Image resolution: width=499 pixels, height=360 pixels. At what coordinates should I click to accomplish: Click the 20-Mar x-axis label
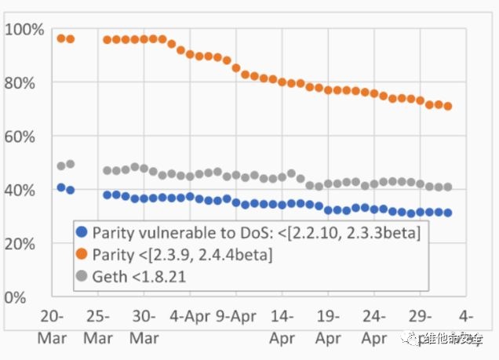pyautogui.click(x=52, y=326)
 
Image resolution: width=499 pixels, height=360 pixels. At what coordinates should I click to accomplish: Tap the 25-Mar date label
pyautogui.click(x=97, y=326)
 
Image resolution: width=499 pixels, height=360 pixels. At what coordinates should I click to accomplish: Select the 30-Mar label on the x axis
pyautogui.click(x=144, y=326)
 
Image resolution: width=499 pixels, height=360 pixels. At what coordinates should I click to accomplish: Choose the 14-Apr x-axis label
pyautogui.click(x=282, y=326)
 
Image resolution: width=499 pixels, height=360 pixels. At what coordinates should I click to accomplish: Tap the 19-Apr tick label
pyautogui.click(x=328, y=326)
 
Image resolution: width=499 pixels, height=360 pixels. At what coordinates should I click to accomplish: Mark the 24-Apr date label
pyautogui.click(x=374, y=326)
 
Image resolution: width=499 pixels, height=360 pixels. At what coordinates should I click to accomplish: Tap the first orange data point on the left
pyautogui.click(x=61, y=38)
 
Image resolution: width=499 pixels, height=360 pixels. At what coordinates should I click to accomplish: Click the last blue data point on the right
pyautogui.click(x=448, y=213)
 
